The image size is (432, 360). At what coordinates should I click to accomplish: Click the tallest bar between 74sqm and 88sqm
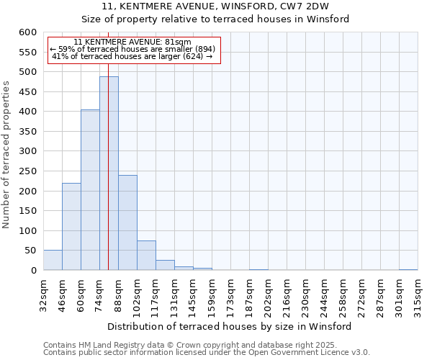tap(109, 174)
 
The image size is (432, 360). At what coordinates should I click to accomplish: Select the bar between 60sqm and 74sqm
tap(90, 190)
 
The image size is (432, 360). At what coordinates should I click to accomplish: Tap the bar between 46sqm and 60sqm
tap(71, 227)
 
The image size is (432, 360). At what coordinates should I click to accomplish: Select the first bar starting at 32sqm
tap(53, 261)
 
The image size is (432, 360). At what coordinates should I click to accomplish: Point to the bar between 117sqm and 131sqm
tap(165, 265)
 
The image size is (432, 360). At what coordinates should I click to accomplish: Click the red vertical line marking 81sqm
tap(108, 144)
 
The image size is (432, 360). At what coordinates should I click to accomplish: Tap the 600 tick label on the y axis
tap(27, 32)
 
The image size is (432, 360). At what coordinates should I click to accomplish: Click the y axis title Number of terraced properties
tap(6, 155)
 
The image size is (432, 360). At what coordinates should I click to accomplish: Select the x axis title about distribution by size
tap(230, 326)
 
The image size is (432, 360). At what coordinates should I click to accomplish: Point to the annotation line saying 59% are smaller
tap(132, 49)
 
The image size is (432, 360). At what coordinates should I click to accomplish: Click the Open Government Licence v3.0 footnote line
tap(207, 352)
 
